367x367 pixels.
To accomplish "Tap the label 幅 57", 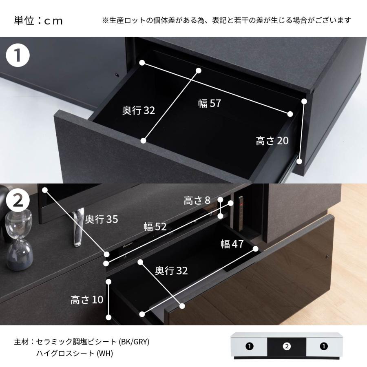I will [209, 104].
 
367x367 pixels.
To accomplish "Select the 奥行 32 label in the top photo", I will [139, 111].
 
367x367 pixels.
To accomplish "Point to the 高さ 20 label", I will [272, 141].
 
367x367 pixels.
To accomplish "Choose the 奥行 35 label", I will [102, 219].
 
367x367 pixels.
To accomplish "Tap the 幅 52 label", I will [155, 227].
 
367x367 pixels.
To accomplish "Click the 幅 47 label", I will [232, 244].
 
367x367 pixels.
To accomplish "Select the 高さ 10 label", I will [87, 300].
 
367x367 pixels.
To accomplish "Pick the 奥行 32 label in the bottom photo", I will [171, 270].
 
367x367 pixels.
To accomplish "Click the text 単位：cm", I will [39, 21].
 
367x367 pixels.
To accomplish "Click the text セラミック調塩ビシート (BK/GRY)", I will [93, 342].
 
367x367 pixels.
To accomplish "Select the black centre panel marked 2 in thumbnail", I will [286, 347].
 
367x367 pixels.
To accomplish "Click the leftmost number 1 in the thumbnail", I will [250, 347].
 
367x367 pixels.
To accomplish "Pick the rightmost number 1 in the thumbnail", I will [323, 347].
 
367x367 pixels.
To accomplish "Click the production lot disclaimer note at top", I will [226, 20].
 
